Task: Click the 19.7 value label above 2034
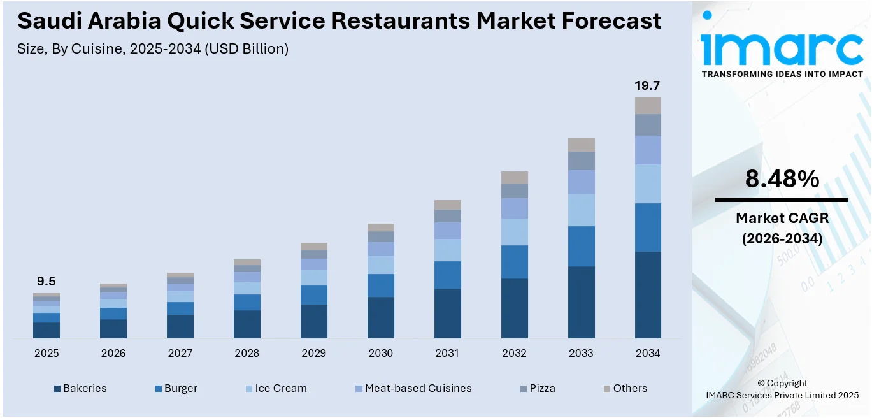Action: pyautogui.click(x=648, y=85)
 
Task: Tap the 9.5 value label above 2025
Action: pyautogui.click(x=46, y=281)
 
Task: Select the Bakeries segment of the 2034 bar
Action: pyautogui.click(x=648, y=294)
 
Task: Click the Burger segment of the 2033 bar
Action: pyautogui.click(x=581, y=246)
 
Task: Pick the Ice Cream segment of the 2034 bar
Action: pyautogui.click(x=648, y=184)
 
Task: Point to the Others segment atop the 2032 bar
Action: pyautogui.click(x=514, y=177)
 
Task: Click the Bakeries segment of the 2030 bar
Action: pyautogui.click(x=381, y=317)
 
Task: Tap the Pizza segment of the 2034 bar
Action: pyautogui.click(x=648, y=125)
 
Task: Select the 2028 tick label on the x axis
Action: pyautogui.click(x=247, y=353)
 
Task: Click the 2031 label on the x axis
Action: pyautogui.click(x=447, y=353)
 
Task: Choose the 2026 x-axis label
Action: pyautogui.click(x=113, y=353)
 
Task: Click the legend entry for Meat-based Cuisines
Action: pyautogui.click(x=418, y=388)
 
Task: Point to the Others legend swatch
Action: pyautogui.click(x=608, y=388)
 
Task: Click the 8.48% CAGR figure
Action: pyautogui.click(x=782, y=180)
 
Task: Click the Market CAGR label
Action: pyautogui.click(x=782, y=219)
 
